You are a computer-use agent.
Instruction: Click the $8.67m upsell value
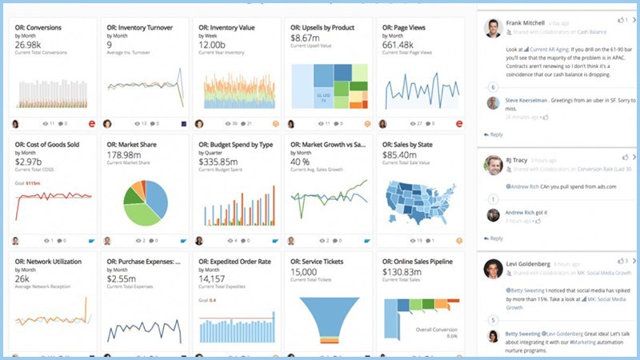[305, 38]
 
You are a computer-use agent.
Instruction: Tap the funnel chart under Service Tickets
[325, 321]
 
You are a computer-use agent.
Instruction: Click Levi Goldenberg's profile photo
[494, 269]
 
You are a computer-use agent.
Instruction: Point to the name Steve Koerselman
[528, 100]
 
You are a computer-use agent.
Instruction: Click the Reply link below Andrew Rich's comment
[496, 238]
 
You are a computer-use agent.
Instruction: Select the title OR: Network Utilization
[50, 262]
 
